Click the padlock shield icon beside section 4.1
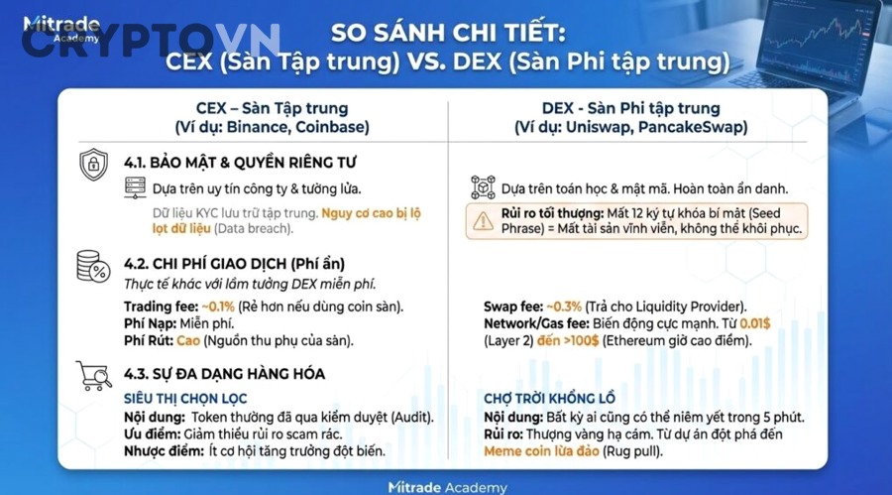(93, 163)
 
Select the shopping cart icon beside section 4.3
(93, 375)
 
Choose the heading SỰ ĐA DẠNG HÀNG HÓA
(224, 374)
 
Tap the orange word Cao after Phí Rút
(188, 341)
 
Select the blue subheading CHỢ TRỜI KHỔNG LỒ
(550, 397)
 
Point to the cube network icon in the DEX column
(483, 188)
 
